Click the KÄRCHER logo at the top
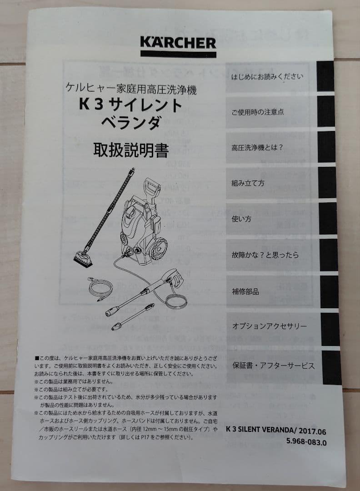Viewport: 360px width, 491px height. pos(178,44)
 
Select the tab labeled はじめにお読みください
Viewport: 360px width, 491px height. pos(267,76)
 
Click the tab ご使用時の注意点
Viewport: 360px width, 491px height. pos(257,112)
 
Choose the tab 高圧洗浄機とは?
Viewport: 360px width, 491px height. pos(257,148)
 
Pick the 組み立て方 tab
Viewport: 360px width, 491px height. pos(248,183)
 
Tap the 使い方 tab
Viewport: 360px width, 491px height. pos(242,219)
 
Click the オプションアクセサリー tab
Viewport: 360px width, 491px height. pos(269,326)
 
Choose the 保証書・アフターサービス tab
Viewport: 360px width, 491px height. pos(273,366)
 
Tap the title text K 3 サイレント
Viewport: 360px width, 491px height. pos(130,105)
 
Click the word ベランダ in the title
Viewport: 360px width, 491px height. pos(130,122)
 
